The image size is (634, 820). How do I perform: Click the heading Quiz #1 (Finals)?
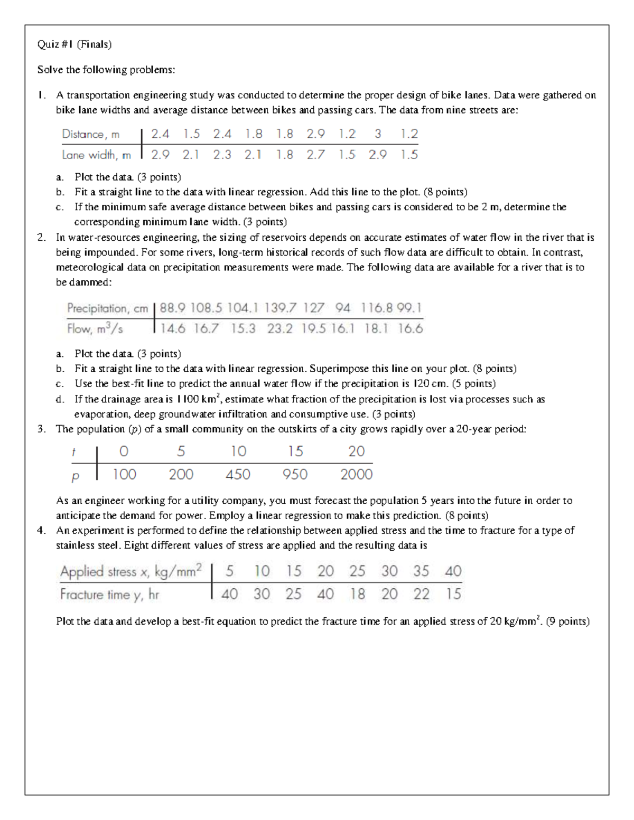tap(74, 44)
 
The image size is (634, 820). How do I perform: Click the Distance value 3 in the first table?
tap(378, 134)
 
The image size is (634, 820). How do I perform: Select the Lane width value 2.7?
tap(315, 155)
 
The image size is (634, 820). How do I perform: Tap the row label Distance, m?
tap(91, 134)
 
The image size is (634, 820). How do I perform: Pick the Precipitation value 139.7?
tap(281, 308)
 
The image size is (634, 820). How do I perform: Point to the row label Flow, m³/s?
tap(95, 329)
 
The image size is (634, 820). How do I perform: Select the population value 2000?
tap(356, 475)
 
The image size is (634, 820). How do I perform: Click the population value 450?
tap(238, 475)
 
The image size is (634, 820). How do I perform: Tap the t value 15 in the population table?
tap(295, 451)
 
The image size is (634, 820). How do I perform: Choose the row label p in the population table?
tap(75, 476)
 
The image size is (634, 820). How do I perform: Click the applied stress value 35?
tap(421, 571)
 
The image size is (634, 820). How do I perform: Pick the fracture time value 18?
tap(357, 595)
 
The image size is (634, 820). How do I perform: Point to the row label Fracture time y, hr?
tap(109, 595)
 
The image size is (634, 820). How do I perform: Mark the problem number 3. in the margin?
tap(42, 429)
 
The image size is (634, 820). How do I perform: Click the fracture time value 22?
tap(421, 595)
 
